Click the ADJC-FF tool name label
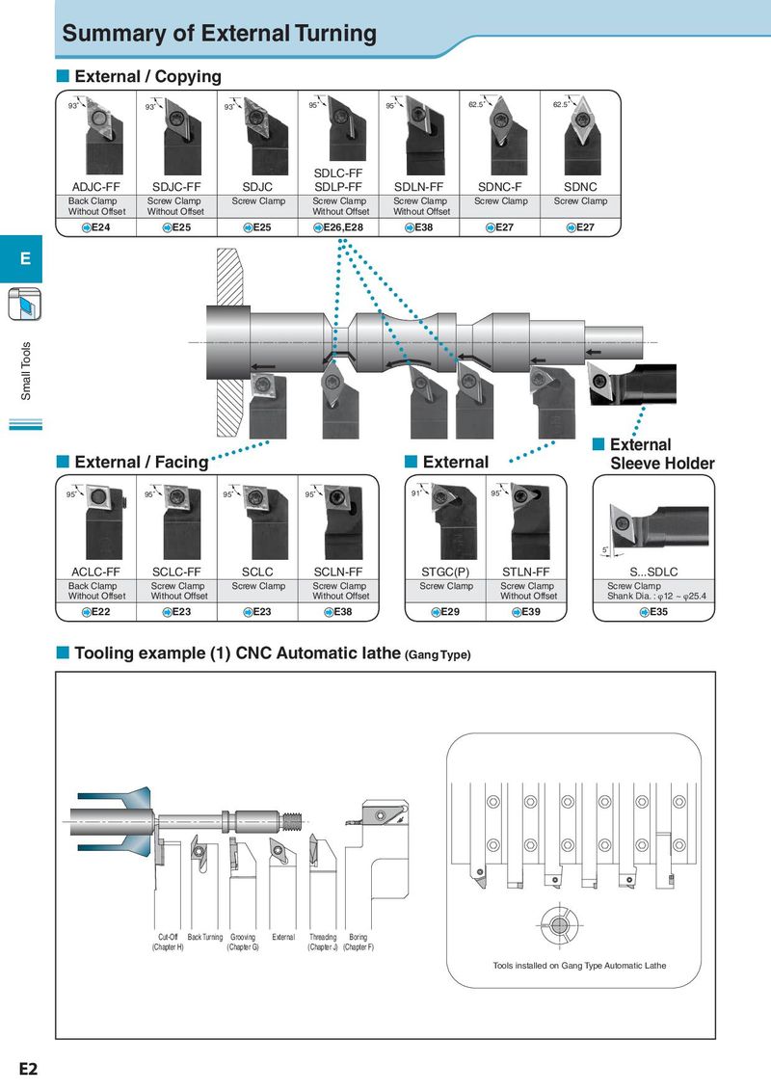[96, 186]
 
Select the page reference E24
[96, 226]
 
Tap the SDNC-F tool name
[499, 186]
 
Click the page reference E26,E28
[338, 226]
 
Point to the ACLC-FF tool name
[96, 572]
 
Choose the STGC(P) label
[445, 572]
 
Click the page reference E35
[653, 612]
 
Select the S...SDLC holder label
[653, 572]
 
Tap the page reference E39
[526, 612]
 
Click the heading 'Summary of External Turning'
[219, 33]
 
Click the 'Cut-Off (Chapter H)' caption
[168, 943]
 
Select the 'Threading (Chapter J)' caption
[323, 943]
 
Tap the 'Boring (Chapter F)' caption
[359, 943]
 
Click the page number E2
[28, 1069]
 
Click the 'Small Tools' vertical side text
[26, 371]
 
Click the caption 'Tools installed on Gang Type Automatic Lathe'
[579, 965]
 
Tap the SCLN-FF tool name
[338, 572]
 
